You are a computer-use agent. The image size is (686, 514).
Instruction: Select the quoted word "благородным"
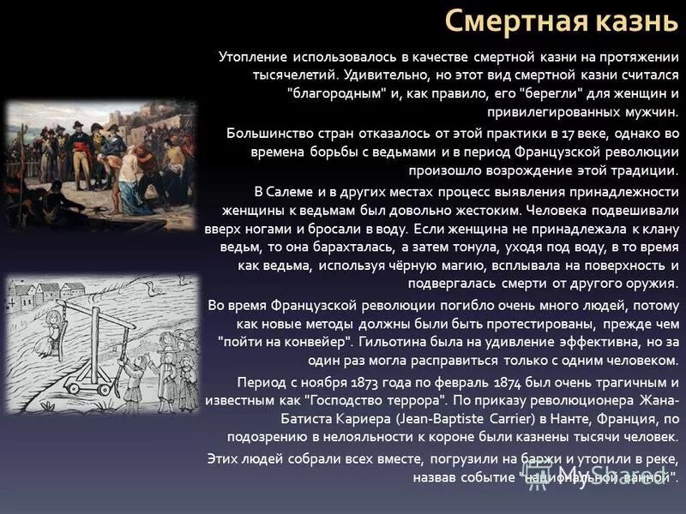click(x=339, y=93)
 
